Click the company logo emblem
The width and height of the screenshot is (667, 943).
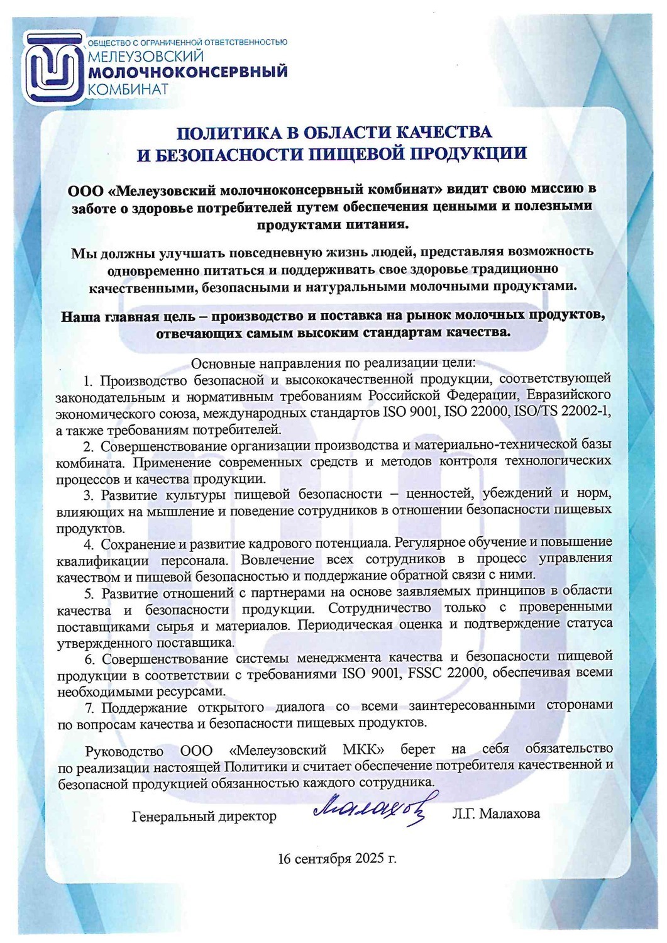point(54,69)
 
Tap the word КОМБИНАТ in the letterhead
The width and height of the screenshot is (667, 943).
point(128,89)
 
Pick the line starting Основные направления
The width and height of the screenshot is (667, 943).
point(333,363)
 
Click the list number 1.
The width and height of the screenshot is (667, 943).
point(89,380)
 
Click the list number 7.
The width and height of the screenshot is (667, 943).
point(89,707)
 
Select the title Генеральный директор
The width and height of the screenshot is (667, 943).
point(204,817)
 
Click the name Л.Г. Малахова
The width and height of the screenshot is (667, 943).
point(495,813)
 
